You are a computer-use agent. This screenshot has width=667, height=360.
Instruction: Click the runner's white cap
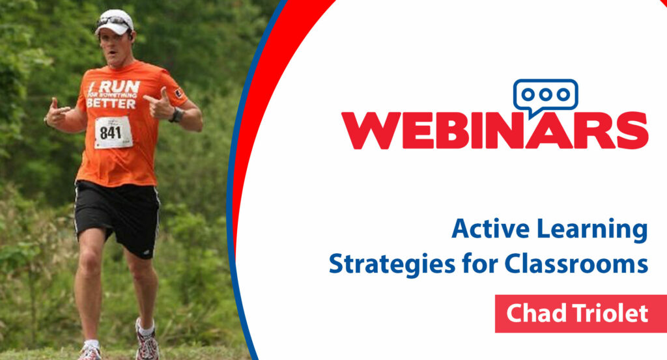tap(114, 22)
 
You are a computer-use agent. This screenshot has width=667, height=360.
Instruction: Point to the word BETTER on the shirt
tap(111, 104)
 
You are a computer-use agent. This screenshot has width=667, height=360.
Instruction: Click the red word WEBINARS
tap(495, 130)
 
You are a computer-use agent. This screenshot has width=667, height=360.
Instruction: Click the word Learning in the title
tap(592, 230)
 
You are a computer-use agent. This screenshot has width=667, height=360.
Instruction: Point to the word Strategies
tap(392, 264)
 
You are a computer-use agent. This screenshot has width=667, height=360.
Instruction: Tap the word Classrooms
tap(576, 264)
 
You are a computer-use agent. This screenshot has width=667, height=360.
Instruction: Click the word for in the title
tap(480, 263)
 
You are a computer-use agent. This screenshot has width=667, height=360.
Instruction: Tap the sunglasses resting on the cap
tap(114, 20)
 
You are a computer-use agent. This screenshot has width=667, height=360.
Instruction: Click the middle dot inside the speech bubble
tap(545, 94)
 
